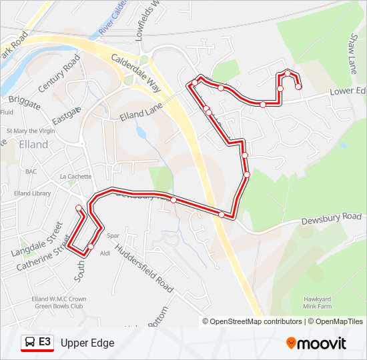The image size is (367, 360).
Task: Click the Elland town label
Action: (33, 144)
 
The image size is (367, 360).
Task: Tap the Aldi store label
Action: (105, 253)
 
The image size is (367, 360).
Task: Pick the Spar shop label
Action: (113, 235)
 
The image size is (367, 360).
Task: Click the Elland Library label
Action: (32, 193)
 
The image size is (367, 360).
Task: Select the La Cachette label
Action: (75, 177)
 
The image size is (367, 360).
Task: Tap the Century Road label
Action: (59, 74)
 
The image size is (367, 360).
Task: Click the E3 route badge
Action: (45, 342)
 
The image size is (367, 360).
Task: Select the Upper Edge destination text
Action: (87, 343)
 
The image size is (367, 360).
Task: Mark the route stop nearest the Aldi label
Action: (91, 247)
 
